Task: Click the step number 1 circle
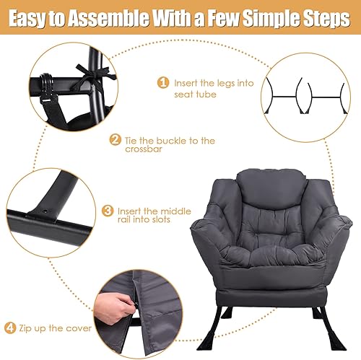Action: (162, 83)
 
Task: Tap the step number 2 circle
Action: (114, 140)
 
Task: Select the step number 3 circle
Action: (108, 211)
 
